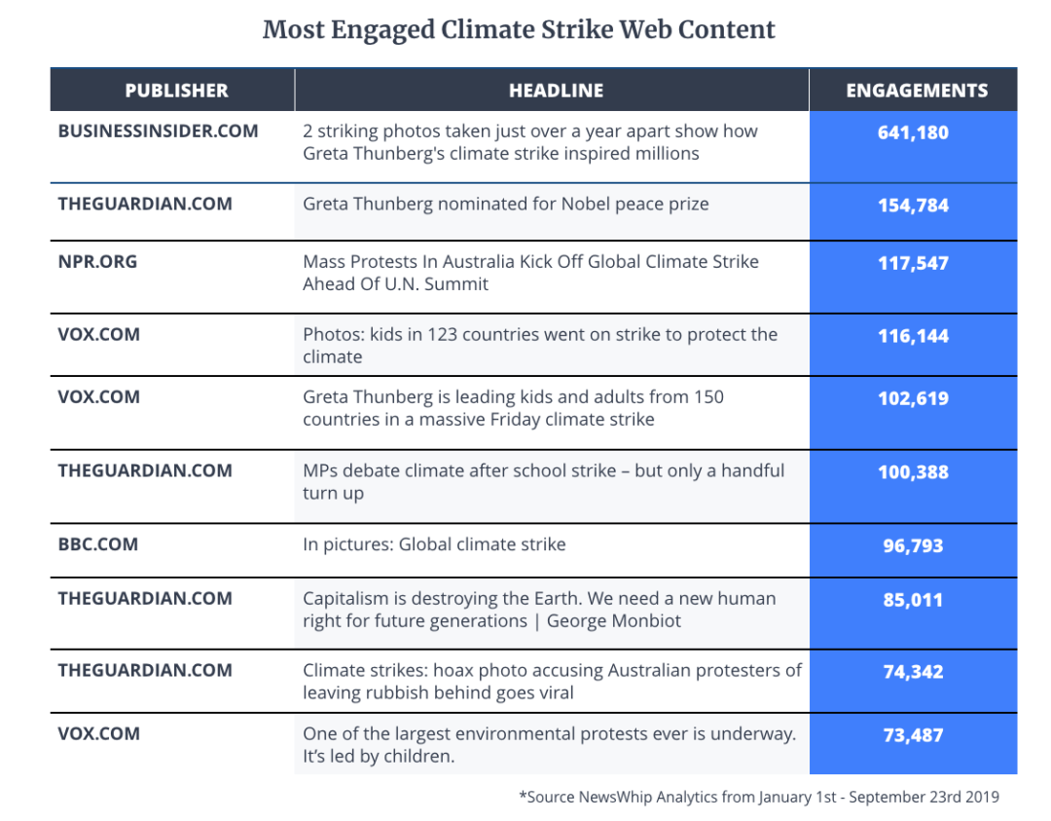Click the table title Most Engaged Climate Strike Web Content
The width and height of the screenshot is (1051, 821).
point(519,30)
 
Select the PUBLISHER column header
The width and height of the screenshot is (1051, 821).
point(176,91)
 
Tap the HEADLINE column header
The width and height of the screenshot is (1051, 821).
point(556,91)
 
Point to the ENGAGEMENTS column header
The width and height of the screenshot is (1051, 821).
point(917,91)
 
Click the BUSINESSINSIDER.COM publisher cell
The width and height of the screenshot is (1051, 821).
point(158,131)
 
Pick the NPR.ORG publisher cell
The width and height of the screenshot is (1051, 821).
point(97,261)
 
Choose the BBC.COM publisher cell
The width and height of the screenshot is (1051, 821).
point(97,544)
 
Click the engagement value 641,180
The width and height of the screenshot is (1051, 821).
point(913,131)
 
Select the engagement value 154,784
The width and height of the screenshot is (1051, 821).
point(913,205)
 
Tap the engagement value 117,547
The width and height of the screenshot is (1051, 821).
point(913,263)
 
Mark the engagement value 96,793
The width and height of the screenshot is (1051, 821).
point(913,545)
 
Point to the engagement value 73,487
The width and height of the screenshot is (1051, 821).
point(913,734)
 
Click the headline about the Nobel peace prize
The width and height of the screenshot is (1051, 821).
point(505,205)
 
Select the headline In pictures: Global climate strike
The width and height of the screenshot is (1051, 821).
point(434,544)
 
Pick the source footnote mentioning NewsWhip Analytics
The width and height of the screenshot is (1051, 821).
point(758,797)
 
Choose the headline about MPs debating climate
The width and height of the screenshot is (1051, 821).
point(543,481)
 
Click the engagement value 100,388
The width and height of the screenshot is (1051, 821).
point(913,472)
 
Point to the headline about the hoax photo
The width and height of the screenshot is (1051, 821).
point(552,681)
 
